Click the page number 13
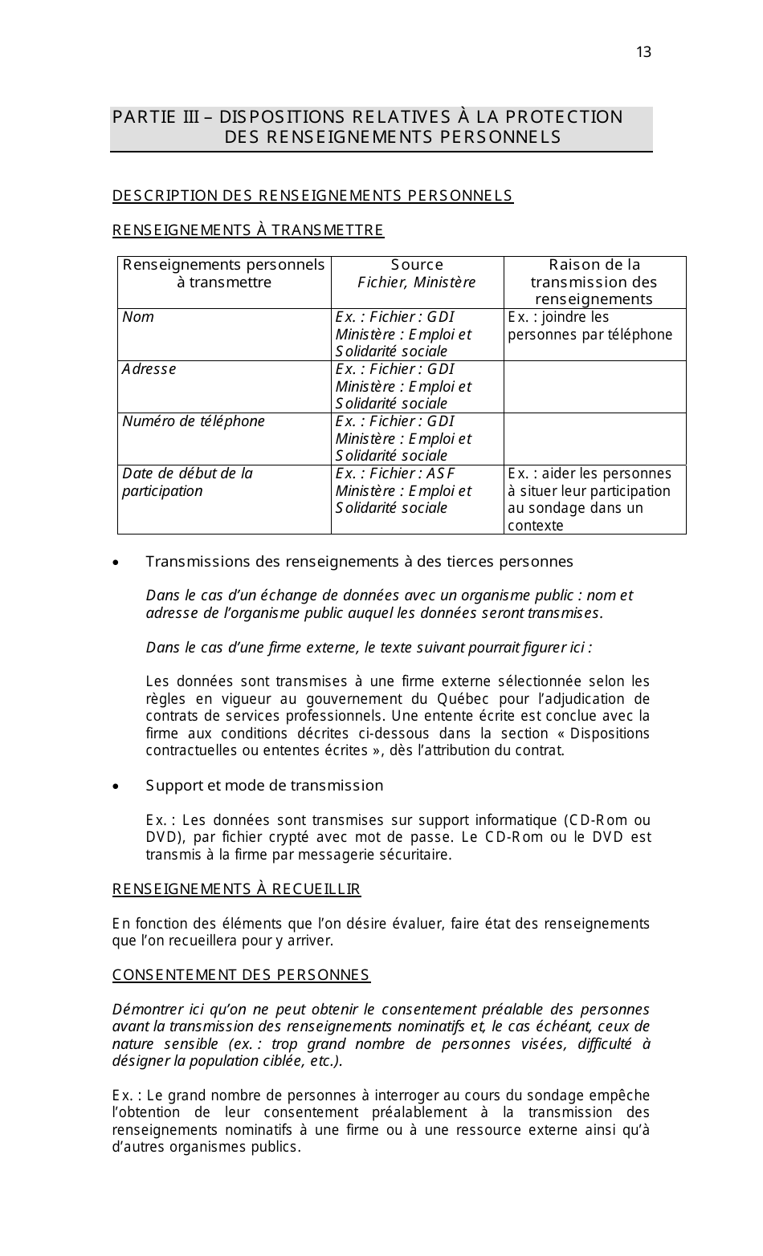pyautogui.click(x=643, y=53)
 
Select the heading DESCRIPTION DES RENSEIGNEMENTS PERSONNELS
pyautogui.click(x=312, y=196)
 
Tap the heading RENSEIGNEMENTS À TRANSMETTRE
pyautogui.click(x=248, y=231)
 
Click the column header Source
pyautogui.click(x=417, y=265)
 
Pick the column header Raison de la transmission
pyautogui.click(x=594, y=282)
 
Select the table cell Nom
pyautogui.click(x=138, y=317)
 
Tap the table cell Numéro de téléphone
pyautogui.click(x=193, y=421)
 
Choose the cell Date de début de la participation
pyautogui.click(x=187, y=482)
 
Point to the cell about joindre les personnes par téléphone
pyautogui.click(x=590, y=326)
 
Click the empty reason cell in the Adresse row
pyautogui.click(x=594, y=387)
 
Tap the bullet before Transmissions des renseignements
pyautogui.click(x=117, y=563)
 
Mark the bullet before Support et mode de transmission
pyautogui.click(x=117, y=787)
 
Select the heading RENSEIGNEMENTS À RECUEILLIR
pyautogui.click(x=236, y=889)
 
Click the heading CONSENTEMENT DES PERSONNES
pyautogui.click(x=241, y=975)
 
